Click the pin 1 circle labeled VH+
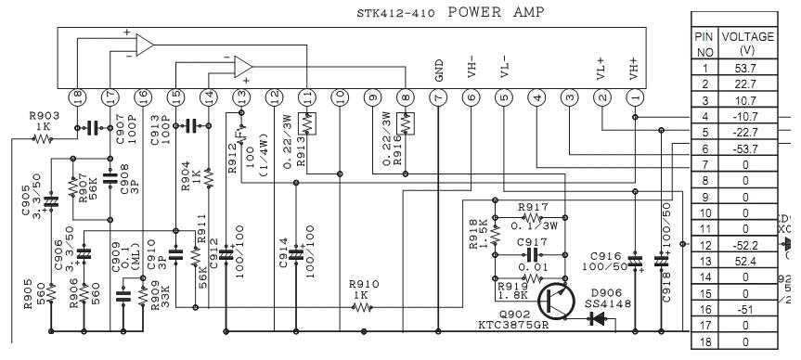click(x=635, y=96)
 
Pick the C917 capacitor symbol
click(x=531, y=253)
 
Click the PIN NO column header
click(x=704, y=42)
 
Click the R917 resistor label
click(x=533, y=207)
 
